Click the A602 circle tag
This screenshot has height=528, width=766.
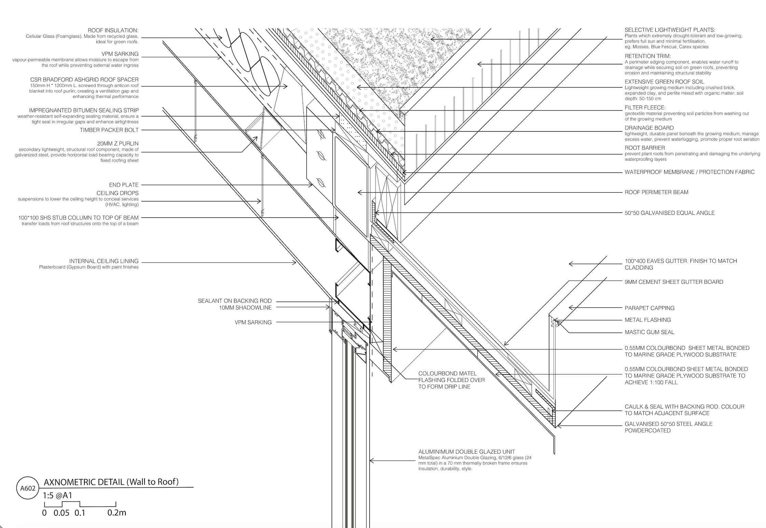point(28,488)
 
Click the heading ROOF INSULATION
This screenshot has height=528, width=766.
point(113,31)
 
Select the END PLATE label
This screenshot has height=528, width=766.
point(124,185)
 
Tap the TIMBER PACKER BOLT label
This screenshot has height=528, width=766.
point(109,130)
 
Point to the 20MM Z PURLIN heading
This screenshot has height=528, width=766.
point(118,144)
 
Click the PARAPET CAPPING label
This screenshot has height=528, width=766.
point(649,308)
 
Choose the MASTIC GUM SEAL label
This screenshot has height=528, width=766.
point(649,332)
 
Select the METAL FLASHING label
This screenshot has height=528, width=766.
point(648,320)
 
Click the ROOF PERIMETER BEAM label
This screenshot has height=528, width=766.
point(656,192)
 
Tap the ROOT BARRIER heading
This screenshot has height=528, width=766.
point(645,148)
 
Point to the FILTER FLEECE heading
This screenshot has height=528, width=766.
point(645,108)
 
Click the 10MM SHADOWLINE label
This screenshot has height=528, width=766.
point(245,308)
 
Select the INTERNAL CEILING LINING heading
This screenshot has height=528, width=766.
point(104,261)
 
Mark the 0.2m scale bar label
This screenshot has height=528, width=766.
point(117,513)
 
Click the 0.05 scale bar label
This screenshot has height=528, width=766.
point(61,513)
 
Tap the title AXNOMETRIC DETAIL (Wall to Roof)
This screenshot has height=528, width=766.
point(111,482)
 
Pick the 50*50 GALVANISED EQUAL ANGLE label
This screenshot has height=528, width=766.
point(670,213)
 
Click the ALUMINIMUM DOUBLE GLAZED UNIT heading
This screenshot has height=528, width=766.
point(466,452)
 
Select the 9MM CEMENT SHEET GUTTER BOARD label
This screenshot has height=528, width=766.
point(674,282)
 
